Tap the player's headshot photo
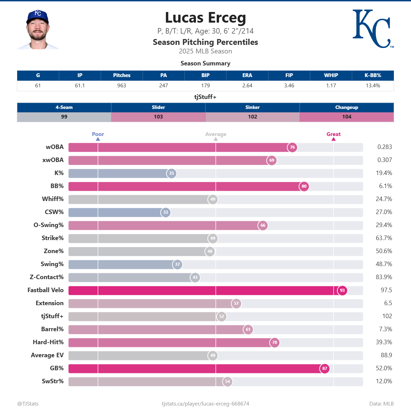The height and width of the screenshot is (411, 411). point(38,30)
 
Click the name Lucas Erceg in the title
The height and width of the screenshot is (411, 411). point(206,18)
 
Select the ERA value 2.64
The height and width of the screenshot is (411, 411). point(247,86)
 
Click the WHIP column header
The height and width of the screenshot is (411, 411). point(331,75)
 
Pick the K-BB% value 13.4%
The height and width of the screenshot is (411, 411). point(373,86)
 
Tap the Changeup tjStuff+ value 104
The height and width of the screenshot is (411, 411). point(347,117)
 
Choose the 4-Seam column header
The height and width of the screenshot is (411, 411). point(64,107)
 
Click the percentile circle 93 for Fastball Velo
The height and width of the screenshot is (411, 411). point(342,290)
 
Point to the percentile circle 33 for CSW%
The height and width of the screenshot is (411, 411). point(165,212)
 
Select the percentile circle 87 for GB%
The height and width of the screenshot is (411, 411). point(325,369)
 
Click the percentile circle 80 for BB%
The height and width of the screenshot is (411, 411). point(304,186)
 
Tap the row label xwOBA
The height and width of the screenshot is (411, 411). point(53,160)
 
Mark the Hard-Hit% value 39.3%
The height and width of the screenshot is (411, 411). point(384,342)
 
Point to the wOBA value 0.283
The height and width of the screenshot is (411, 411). point(384,147)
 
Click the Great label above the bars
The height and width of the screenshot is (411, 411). point(333,134)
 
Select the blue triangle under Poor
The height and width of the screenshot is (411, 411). point(98,139)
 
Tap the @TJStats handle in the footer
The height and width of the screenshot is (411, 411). point(28,403)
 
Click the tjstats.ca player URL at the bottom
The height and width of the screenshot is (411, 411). point(206,403)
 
